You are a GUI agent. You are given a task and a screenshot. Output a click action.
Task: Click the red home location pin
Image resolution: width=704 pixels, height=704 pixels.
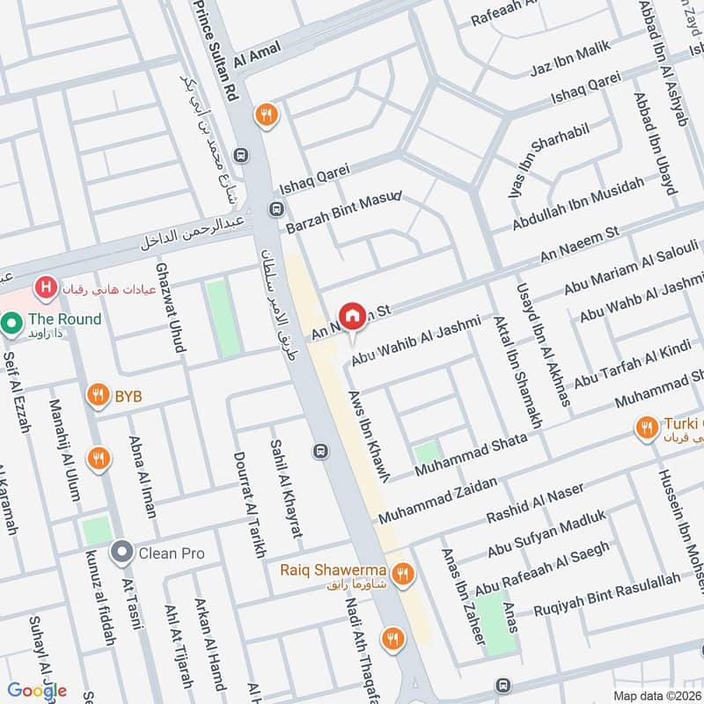[x=353, y=316]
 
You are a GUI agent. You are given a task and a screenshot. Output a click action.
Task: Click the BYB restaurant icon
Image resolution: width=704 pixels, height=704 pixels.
[x=98, y=397]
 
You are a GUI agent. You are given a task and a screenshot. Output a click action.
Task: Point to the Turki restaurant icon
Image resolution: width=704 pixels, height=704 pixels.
[x=646, y=428]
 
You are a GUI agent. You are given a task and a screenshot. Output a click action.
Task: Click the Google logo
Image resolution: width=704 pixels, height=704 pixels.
[x=37, y=691]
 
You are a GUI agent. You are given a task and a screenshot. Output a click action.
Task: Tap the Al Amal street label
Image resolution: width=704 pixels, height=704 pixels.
[x=258, y=55]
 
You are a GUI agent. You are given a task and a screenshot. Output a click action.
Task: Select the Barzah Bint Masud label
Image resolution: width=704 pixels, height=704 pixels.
[x=343, y=210]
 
